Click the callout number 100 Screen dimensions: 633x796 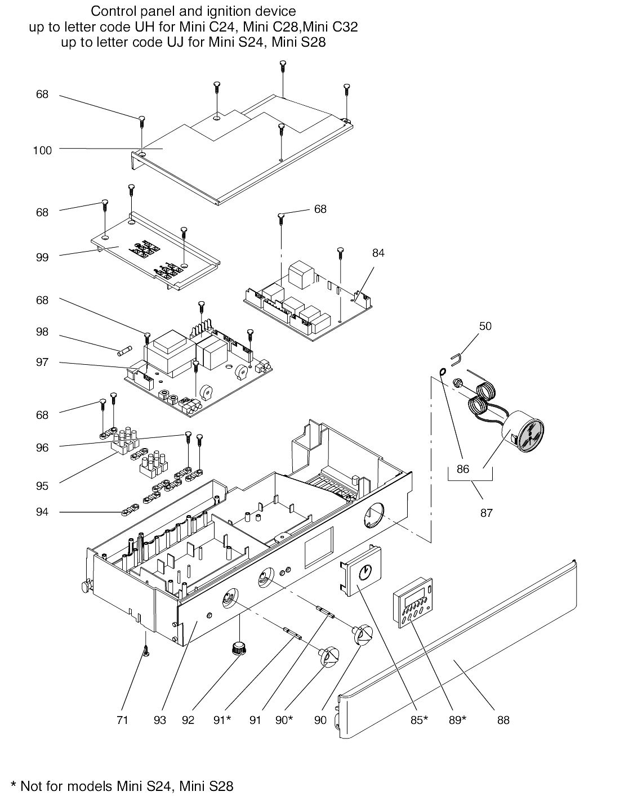43,150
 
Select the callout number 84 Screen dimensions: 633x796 378,253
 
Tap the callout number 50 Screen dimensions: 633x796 485,326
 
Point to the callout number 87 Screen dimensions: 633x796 486,513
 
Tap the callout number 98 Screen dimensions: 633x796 42,332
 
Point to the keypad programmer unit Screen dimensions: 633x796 413,602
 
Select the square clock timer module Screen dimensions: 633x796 361,572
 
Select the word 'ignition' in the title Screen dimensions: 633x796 233,11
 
